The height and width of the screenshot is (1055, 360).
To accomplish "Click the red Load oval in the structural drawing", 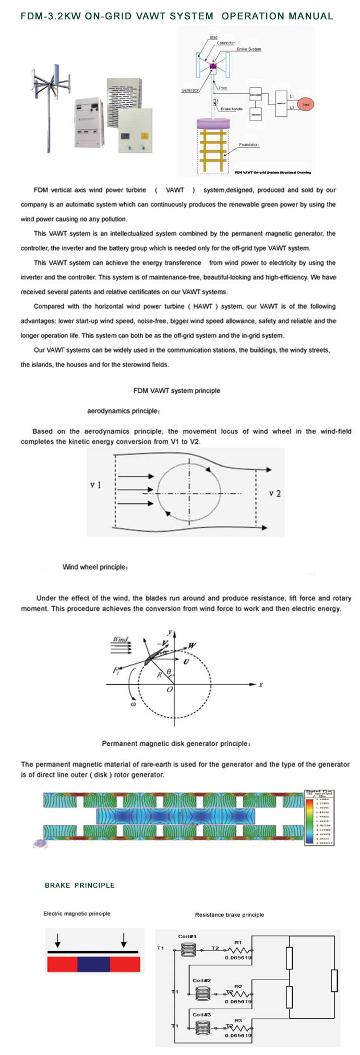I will point(306,104).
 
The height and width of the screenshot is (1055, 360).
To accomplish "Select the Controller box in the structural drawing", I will point(255,95).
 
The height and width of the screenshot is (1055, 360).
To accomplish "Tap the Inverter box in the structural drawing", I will point(281,103).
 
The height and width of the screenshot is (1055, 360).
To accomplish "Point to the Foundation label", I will point(249,145).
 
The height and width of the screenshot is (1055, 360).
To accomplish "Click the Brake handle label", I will point(231,109).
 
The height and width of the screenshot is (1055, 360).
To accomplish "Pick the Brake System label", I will point(249,49).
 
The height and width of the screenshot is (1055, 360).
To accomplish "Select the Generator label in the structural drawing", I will point(190,90).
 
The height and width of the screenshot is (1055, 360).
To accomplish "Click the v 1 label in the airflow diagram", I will point(95,485).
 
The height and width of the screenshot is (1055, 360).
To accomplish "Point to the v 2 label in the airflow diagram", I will point(275,493).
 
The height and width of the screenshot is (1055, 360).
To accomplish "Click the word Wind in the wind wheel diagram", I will point(120,639).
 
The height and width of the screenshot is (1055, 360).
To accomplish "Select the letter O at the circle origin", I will point(169,689).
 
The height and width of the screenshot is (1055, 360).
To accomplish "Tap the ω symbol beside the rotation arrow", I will point(133,704).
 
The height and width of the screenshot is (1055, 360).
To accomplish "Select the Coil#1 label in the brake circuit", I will point(187,937).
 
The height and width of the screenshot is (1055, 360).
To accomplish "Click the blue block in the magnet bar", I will point(93,964).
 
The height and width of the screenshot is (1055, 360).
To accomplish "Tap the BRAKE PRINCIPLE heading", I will point(80,886).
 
